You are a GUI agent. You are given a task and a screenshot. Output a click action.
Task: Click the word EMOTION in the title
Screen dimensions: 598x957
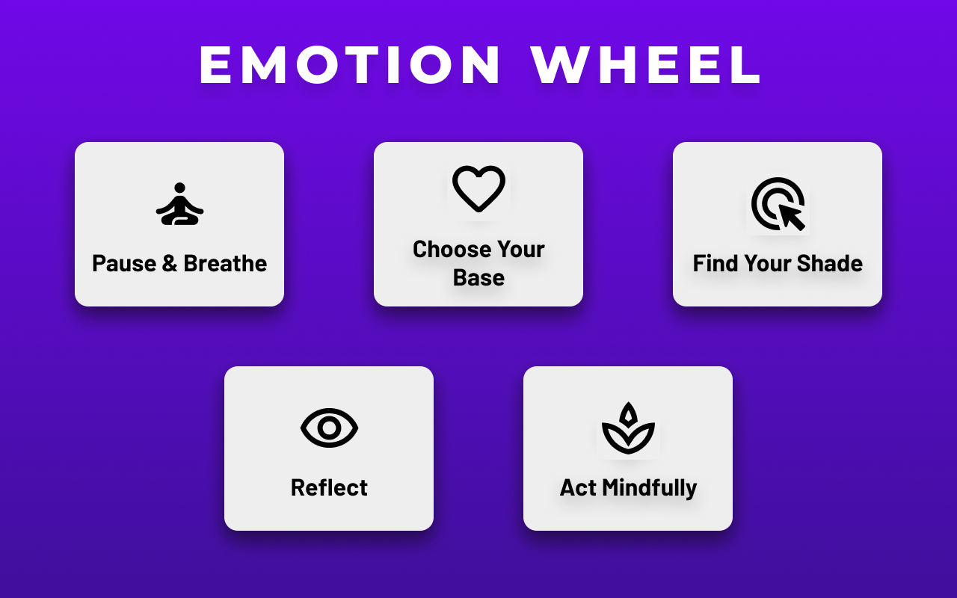tap(351, 66)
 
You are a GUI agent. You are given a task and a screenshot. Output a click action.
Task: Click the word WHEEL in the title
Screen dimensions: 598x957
tap(647, 66)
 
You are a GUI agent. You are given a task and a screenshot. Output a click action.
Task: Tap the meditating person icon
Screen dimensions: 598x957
tap(179, 204)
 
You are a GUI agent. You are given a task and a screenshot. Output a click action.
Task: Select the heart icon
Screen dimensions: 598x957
tap(478, 189)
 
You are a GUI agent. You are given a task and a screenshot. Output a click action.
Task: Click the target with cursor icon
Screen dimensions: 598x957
tap(778, 203)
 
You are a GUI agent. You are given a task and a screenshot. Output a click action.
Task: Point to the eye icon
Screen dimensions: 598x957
tap(329, 428)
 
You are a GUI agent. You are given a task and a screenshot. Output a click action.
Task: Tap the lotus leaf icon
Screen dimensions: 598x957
tap(628, 428)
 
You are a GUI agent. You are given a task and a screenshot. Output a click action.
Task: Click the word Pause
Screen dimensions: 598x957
tap(123, 264)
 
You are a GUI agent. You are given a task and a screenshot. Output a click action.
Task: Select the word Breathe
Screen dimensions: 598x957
tap(225, 264)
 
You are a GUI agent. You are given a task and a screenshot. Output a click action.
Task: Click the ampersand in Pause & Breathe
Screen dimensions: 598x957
tap(169, 264)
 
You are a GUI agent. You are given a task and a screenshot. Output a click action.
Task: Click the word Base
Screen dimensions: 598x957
tap(478, 278)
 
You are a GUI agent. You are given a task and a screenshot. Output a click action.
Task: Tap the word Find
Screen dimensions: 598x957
tap(715, 264)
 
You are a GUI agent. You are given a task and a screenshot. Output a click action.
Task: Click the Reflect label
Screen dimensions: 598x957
tap(329, 488)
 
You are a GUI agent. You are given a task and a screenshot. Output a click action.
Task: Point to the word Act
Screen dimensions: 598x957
tap(578, 488)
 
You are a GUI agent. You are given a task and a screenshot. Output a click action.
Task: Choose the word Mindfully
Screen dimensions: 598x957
tap(649, 488)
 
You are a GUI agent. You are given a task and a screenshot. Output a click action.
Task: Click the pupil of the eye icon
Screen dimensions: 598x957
tap(329, 428)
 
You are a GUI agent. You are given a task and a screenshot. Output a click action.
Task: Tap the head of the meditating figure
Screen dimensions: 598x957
tap(179, 188)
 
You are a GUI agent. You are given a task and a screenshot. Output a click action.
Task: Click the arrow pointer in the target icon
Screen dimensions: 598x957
tap(791, 217)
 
